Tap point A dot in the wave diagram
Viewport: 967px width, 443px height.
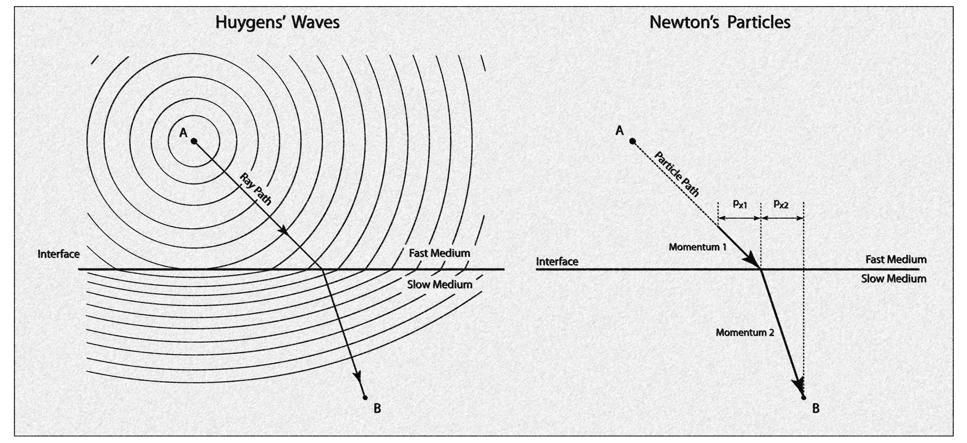(x=194, y=141)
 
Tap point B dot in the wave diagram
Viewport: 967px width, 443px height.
(x=365, y=397)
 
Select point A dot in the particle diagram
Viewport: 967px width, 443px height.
(x=633, y=141)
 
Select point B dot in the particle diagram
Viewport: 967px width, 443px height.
(x=803, y=397)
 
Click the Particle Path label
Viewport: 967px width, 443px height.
(x=677, y=174)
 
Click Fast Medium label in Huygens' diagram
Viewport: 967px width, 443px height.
(x=439, y=253)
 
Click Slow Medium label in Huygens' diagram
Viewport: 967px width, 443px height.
(x=440, y=284)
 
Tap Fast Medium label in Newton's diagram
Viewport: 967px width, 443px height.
(x=896, y=259)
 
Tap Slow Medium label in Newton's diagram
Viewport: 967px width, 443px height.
(x=893, y=279)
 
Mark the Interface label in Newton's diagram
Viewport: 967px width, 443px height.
(x=557, y=261)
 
